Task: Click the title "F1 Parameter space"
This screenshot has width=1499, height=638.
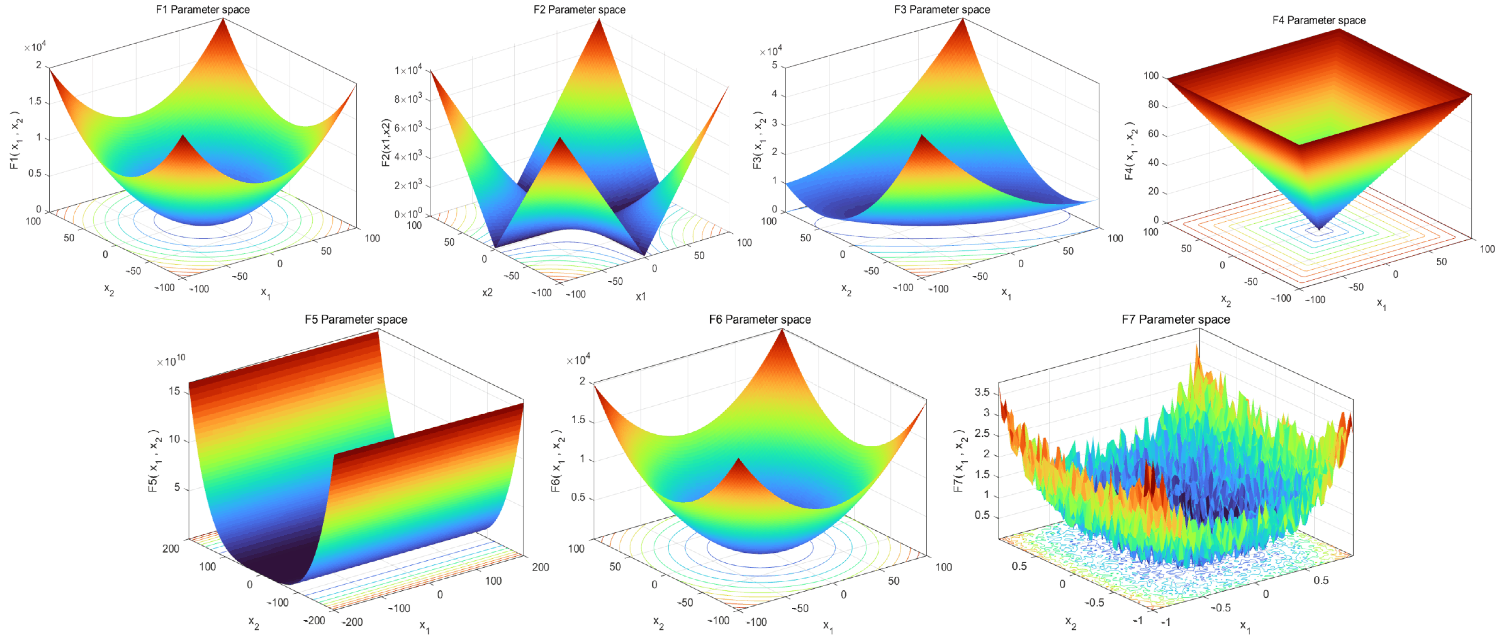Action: pyautogui.click(x=202, y=9)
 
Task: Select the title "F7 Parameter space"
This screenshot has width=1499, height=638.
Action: pyautogui.click(x=1176, y=319)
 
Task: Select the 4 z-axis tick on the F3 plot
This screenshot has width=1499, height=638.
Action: pyautogui.click(x=774, y=94)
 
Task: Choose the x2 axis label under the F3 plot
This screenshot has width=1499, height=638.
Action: pyautogui.click(x=846, y=290)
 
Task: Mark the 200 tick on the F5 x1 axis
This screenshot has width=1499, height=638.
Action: pyautogui.click(x=540, y=567)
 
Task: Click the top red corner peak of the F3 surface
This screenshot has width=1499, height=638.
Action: pyautogui.click(x=963, y=20)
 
